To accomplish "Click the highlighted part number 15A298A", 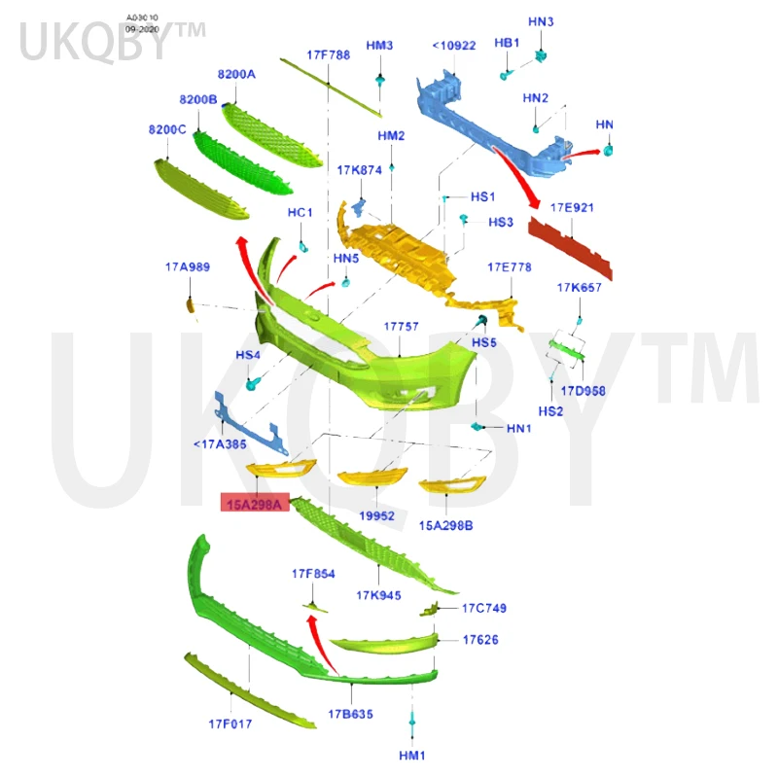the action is click(x=254, y=504).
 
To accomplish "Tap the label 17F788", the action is click(x=328, y=55).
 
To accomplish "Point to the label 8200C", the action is click(x=167, y=129).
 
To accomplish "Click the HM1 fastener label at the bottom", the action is click(x=412, y=756).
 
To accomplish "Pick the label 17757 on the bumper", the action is click(x=401, y=327).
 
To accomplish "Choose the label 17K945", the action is click(x=378, y=595).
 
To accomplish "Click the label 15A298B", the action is click(x=446, y=525).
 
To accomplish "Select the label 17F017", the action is click(x=230, y=724).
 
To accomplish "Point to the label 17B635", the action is click(x=350, y=714).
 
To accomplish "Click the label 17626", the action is click(x=480, y=640).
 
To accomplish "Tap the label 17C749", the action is click(x=483, y=608).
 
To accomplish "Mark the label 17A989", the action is click(x=187, y=265).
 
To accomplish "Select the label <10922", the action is click(x=454, y=45).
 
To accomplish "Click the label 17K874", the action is click(x=360, y=170).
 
